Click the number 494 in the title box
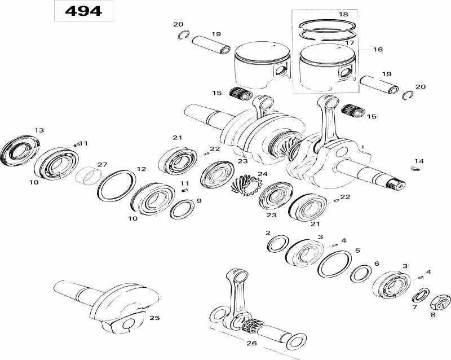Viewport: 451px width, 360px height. pyautogui.click(x=83, y=11)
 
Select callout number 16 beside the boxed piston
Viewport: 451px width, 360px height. pyautogui.click(x=377, y=50)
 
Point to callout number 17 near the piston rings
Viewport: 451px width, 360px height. pyautogui.click(x=350, y=42)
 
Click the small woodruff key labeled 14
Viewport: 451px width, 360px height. pyautogui.click(x=417, y=166)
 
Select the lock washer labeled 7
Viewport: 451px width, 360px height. pyautogui.click(x=419, y=295)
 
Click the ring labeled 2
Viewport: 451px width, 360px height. pyautogui.click(x=277, y=244)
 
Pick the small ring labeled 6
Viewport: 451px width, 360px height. pyautogui.click(x=360, y=275)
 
